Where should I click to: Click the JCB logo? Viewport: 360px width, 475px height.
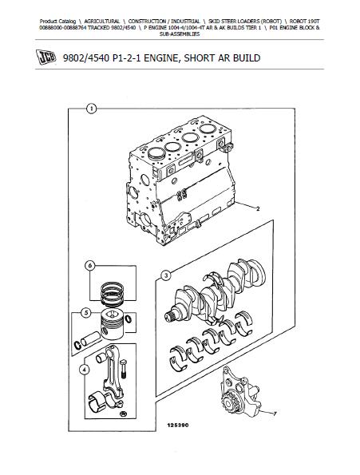46,57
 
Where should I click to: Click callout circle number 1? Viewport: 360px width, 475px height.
91,109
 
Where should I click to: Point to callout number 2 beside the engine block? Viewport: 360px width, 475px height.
258,208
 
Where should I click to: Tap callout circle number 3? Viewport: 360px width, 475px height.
166,275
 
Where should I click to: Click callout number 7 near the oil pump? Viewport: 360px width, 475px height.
275,414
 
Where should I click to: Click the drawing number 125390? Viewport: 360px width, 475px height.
178,426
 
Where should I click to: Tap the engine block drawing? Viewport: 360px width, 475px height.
180,180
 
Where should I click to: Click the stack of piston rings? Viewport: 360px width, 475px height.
112,294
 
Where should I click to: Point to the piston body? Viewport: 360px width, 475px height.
112,324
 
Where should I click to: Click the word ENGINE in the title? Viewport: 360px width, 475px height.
162,57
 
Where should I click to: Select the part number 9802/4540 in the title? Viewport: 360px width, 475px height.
86,57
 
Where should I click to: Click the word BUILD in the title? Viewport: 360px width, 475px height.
247,57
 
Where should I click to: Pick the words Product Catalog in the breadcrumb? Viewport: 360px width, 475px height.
57,22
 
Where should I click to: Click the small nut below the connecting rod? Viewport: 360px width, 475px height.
123,414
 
